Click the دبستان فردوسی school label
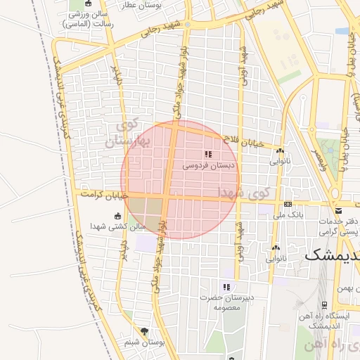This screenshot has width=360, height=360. (x=210, y=165)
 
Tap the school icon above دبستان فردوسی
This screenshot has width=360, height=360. (x=207, y=154)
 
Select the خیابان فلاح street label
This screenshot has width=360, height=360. (x=243, y=142)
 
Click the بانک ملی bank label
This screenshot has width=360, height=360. (x=288, y=217)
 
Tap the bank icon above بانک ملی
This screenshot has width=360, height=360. (x=288, y=204)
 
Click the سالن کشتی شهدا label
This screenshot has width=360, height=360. (x=118, y=226)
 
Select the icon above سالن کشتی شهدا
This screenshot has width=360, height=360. (x=117, y=216)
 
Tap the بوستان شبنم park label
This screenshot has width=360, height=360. (x=144, y=342)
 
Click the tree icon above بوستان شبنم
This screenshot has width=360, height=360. (x=145, y=330)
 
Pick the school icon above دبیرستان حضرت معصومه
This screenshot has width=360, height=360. (x=226, y=287)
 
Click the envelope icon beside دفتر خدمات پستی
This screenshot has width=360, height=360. (x=338, y=210)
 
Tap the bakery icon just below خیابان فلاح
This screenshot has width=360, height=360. (x=280, y=150)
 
